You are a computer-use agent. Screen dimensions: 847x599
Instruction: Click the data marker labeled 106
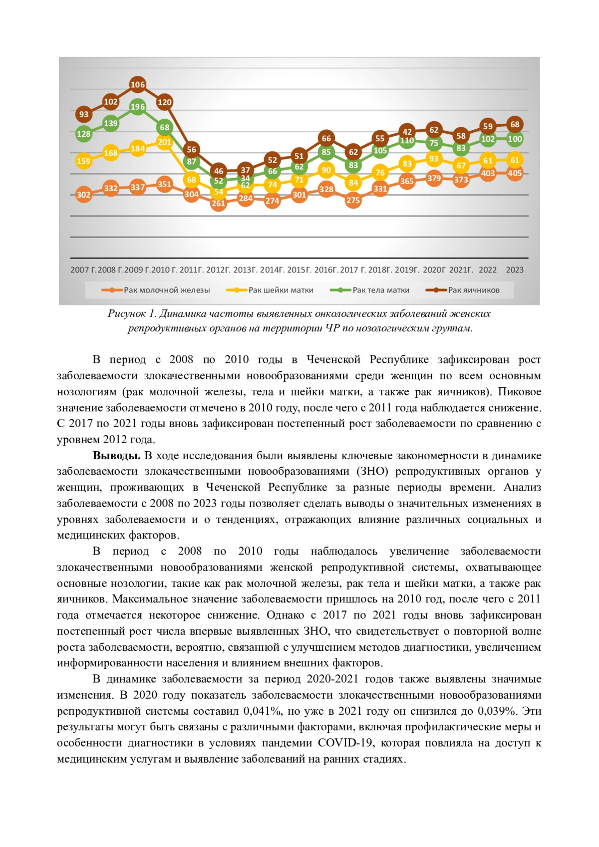pyautogui.click(x=137, y=84)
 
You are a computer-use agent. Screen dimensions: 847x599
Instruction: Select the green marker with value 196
pyautogui.click(x=137, y=106)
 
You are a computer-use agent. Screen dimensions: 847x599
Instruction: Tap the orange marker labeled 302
pyautogui.click(x=83, y=195)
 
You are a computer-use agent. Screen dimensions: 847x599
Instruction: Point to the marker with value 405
pyautogui.click(x=515, y=173)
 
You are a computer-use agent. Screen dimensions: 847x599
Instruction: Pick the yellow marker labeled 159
pyautogui.click(x=83, y=161)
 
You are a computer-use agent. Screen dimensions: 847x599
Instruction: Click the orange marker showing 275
pyautogui.click(x=353, y=200)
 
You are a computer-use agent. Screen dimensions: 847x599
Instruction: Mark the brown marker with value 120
pyautogui.click(x=164, y=102)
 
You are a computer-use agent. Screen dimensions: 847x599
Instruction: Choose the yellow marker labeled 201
pyautogui.click(x=164, y=142)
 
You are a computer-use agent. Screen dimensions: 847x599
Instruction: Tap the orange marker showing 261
pyautogui.click(x=218, y=203)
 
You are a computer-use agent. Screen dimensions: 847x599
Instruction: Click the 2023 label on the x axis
pyautogui.click(x=515, y=270)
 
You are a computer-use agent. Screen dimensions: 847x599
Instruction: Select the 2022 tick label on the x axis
pyautogui.click(x=488, y=270)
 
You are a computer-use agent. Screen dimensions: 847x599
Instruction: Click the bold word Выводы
pyautogui.click(x=116, y=456)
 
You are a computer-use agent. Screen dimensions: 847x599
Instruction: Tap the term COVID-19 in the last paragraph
pyautogui.click(x=345, y=743)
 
